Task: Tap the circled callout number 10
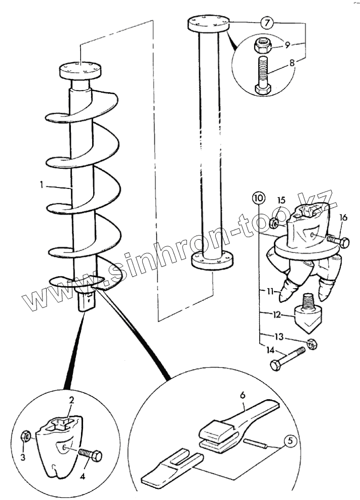tap(258, 197)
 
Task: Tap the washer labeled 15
tap(274, 222)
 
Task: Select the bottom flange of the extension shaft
tap(213, 260)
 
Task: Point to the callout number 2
tap(72, 400)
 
